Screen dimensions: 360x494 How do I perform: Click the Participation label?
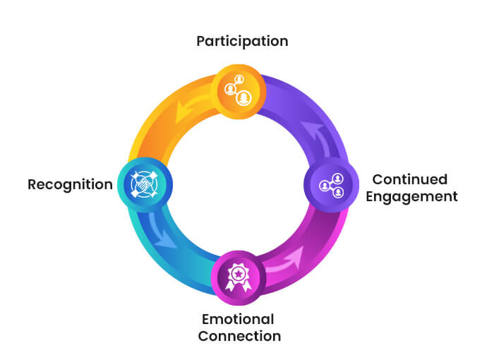click(242, 41)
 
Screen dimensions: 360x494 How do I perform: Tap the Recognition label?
click(70, 185)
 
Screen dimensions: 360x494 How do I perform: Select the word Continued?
click(409, 179)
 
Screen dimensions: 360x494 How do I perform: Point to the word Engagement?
click(416, 196)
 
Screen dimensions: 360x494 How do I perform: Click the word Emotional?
click(238, 318)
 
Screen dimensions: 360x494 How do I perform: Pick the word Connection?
click(239, 336)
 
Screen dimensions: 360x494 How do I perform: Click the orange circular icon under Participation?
click(239, 90)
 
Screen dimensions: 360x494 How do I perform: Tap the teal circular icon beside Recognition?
click(145, 185)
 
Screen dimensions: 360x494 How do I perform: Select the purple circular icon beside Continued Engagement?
click(331, 186)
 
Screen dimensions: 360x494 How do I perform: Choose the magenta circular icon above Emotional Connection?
click(239, 272)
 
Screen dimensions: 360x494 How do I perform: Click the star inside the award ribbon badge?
click(239, 269)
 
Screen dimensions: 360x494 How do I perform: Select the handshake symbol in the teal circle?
click(145, 185)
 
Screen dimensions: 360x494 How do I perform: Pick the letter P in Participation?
click(200, 41)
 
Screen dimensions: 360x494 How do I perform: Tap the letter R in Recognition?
click(32, 185)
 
